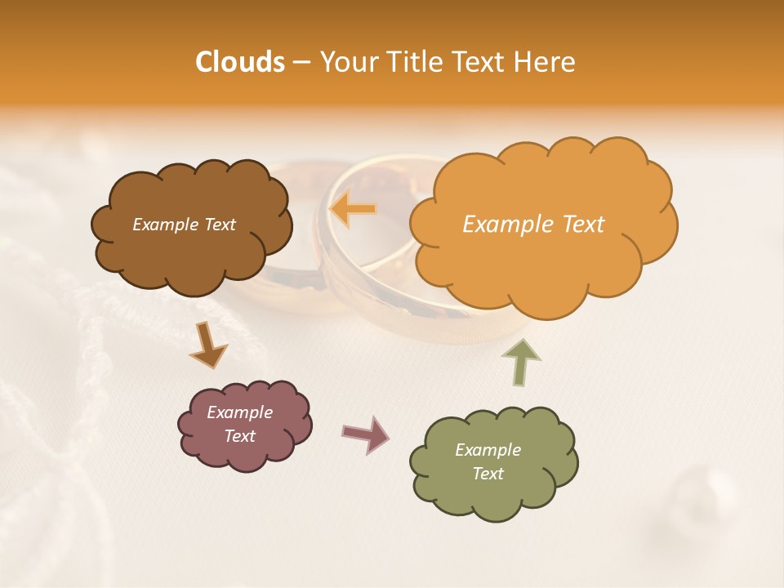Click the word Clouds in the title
(x=239, y=62)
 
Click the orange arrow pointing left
(x=353, y=209)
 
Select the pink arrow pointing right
(x=365, y=434)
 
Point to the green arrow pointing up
(x=521, y=361)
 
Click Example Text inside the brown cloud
(x=184, y=225)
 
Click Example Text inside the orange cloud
(x=533, y=225)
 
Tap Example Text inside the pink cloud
(x=239, y=424)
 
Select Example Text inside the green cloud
(x=488, y=461)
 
